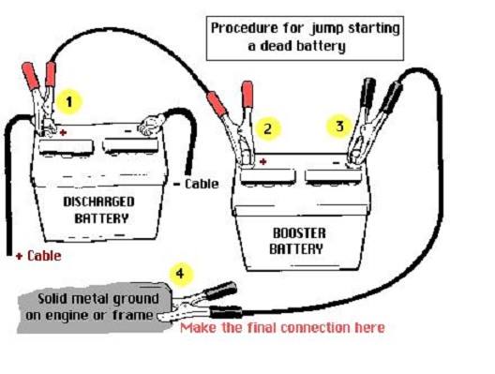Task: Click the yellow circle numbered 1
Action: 69,102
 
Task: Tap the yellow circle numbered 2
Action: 267,128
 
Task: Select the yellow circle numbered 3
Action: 339,127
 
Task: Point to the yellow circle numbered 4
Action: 180,274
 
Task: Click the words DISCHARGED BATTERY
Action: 99,210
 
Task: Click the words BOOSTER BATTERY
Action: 297,241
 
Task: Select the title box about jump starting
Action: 305,38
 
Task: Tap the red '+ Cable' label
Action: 38,256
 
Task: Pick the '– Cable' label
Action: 196,184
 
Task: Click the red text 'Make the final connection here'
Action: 282,328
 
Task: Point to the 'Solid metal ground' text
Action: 98,299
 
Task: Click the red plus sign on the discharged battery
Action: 63,132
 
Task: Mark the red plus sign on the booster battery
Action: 262,162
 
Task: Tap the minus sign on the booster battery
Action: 337,163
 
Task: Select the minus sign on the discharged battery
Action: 127,130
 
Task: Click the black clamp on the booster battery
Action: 369,122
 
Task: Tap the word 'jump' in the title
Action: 327,28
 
